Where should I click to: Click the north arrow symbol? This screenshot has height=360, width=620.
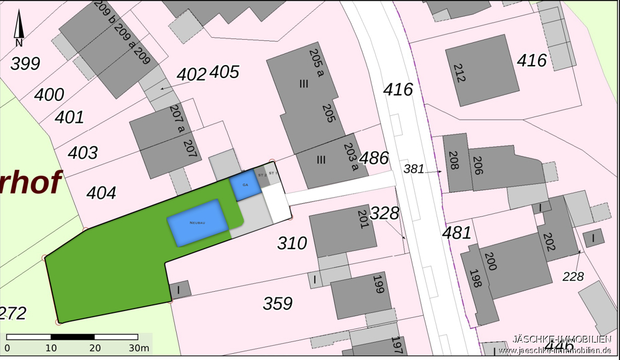pyautogui.click(x=19, y=29)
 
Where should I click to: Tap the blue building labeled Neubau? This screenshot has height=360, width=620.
pyautogui.click(x=197, y=222)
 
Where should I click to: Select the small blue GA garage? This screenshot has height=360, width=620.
pyautogui.click(x=245, y=186)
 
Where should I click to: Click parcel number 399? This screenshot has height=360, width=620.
pyautogui.click(x=25, y=63)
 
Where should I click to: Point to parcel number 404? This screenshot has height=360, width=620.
pyautogui.click(x=101, y=193)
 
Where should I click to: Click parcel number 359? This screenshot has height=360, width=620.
pyautogui.click(x=278, y=304)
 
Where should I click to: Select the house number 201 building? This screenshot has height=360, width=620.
pyautogui.click(x=342, y=230)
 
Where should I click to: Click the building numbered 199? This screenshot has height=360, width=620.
pyautogui.click(x=361, y=294)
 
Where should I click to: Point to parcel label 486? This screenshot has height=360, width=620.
pyautogui.click(x=374, y=158)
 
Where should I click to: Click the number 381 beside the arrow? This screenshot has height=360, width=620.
pyautogui.click(x=414, y=169)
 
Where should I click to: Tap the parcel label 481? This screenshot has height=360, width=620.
pyautogui.click(x=457, y=233)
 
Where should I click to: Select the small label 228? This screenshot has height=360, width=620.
pyautogui.click(x=573, y=276)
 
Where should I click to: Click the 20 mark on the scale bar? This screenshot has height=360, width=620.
pyautogui.click(x=95, y=348)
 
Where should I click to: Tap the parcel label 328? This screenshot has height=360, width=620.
pyautogui.click(x=385, y=214)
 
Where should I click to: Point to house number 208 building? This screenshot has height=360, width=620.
pyautogui.click(x=454, y=163)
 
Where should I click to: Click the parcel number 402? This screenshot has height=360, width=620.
pyautogui.click(x=192, y=74)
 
